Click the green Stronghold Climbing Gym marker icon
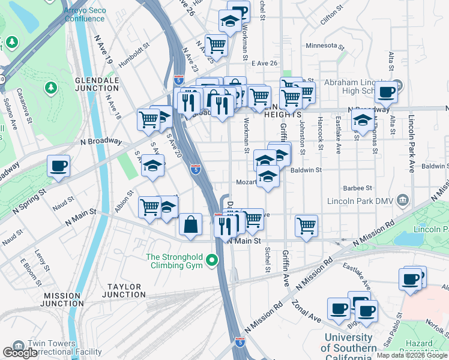pos(211,260)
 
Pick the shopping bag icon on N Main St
pos(190,224)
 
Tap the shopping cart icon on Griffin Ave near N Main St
pos(306,226)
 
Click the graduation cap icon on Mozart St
pos(268,176)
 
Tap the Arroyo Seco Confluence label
pos(85,14)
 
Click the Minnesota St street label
pos(325,46)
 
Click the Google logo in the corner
pos(20,353)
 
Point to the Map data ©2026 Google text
pos(412,355)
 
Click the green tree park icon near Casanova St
pos(51,88)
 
